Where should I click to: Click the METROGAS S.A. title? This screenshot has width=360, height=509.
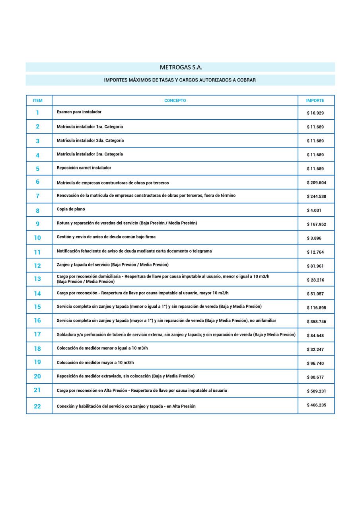coord(181,68)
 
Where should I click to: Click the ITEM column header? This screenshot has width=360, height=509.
coord(37,101)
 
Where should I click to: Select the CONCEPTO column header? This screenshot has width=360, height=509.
coord(175,101)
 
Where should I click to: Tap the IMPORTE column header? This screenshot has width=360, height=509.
coord(315,101)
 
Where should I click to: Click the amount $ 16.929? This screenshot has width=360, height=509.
coord(315,113)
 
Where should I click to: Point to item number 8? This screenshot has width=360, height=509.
coord(38,211)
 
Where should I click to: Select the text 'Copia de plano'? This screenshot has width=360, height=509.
coord(71,209)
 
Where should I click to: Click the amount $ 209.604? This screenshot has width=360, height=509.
coord(317,183)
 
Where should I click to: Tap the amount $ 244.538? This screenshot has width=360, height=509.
coord(317,196)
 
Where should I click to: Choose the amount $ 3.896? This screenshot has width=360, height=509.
coord(314,238)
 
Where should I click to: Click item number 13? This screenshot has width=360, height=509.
coord(37,279)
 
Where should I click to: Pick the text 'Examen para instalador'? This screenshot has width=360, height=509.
coord(79,112)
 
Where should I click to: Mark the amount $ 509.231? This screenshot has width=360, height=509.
coord(316,391)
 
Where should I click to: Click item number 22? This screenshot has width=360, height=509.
coord(37,406)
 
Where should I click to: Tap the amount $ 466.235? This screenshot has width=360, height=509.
coord(316,405)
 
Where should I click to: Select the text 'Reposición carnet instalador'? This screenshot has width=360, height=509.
coord(84,168)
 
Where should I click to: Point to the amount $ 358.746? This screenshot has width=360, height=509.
coord(316,322)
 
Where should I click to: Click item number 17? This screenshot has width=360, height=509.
coord(37,334)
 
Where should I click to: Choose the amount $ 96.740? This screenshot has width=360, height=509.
coord(315,363)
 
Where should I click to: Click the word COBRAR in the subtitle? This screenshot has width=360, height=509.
coord(247,80)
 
